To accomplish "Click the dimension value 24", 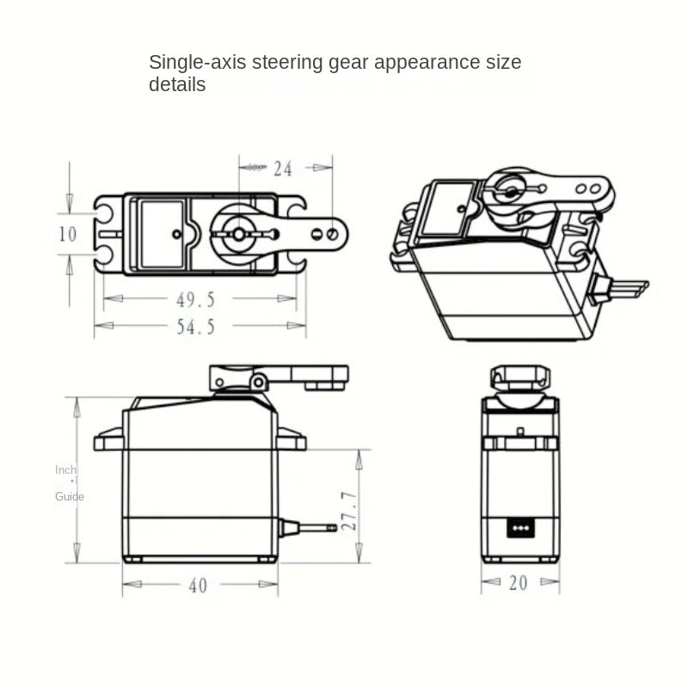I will tap(283, 169).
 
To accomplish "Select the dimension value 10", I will tap(68, 234).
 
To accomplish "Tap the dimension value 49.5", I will tap(195, 299).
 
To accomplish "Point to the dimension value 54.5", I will tap(195, 326).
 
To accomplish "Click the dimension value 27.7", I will tap(349, 511).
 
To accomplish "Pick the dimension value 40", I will tap(198, 586).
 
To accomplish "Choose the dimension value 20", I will tap(518, 583).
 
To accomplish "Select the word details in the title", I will tap(177, 84).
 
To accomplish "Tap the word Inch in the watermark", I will tap(65, 470).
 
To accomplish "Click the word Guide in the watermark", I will tap(70, 496).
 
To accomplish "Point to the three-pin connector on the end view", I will tap(519, 525).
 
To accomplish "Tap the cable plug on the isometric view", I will tap(626, 287).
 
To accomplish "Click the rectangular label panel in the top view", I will tap(162, 233).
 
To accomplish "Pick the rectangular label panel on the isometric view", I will tap(448, 209).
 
